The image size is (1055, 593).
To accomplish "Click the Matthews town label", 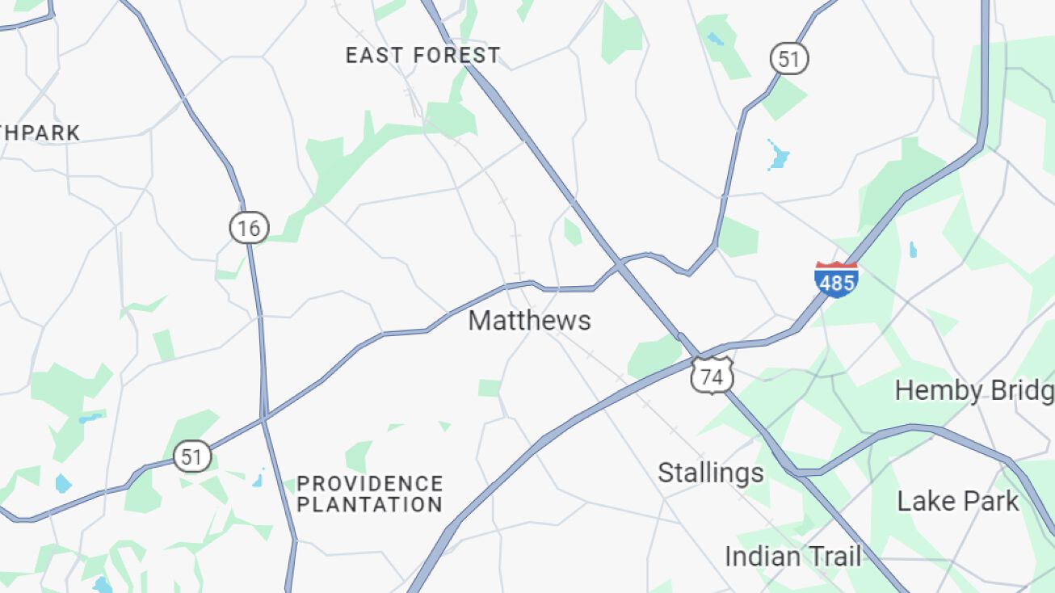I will click(529, 321).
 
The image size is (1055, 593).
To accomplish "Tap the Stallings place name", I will click(710, 473).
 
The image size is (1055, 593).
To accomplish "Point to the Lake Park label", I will click(958, 501).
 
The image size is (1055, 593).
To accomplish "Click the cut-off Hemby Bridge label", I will click(974, 391).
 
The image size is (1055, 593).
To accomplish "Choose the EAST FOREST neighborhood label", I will click(422, 56).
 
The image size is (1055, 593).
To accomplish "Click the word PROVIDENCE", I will click(370, 484).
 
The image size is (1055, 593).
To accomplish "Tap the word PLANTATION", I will click(370, 505).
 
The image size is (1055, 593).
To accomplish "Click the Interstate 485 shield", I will click(836, 280).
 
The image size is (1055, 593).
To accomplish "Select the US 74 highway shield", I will click(712, 376).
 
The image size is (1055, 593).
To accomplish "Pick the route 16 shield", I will click(249, 229).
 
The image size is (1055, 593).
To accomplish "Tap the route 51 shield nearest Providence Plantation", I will click(191, 457).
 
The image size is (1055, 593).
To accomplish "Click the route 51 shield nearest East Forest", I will click(788, 59).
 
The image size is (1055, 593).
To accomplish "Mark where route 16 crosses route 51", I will click(263, 418).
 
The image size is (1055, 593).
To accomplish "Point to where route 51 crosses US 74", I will click(620, 263).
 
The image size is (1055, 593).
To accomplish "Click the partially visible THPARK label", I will click(40, 133).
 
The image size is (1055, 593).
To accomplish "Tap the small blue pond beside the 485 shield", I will click(913, 250).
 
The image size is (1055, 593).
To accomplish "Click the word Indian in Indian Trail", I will click(760, 557).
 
